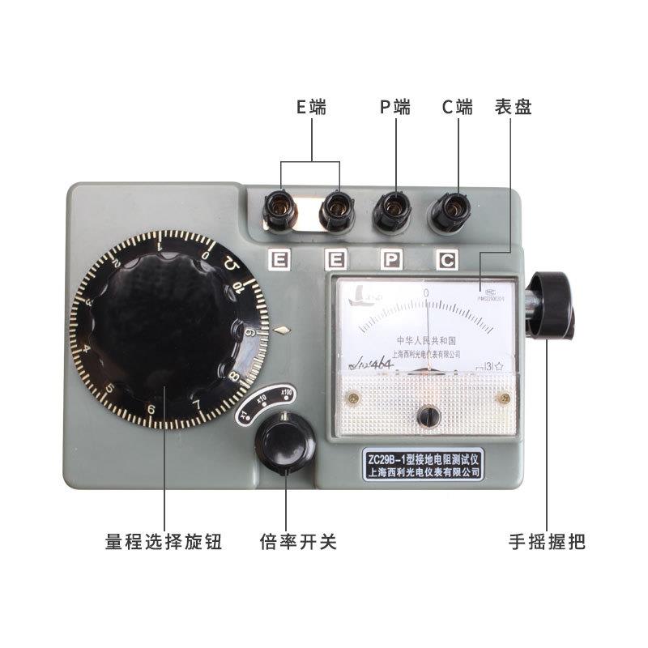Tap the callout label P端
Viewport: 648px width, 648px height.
point(395,107)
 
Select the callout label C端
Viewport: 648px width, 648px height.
point(458,107)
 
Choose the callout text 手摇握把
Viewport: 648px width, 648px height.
point(547,541)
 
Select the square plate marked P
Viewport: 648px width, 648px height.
point(392,260)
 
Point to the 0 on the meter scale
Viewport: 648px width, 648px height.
point(425,292)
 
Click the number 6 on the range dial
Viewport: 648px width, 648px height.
point(150,410)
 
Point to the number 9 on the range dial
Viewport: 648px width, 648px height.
point(251,331)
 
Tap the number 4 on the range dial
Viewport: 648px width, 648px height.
point(87,351)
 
